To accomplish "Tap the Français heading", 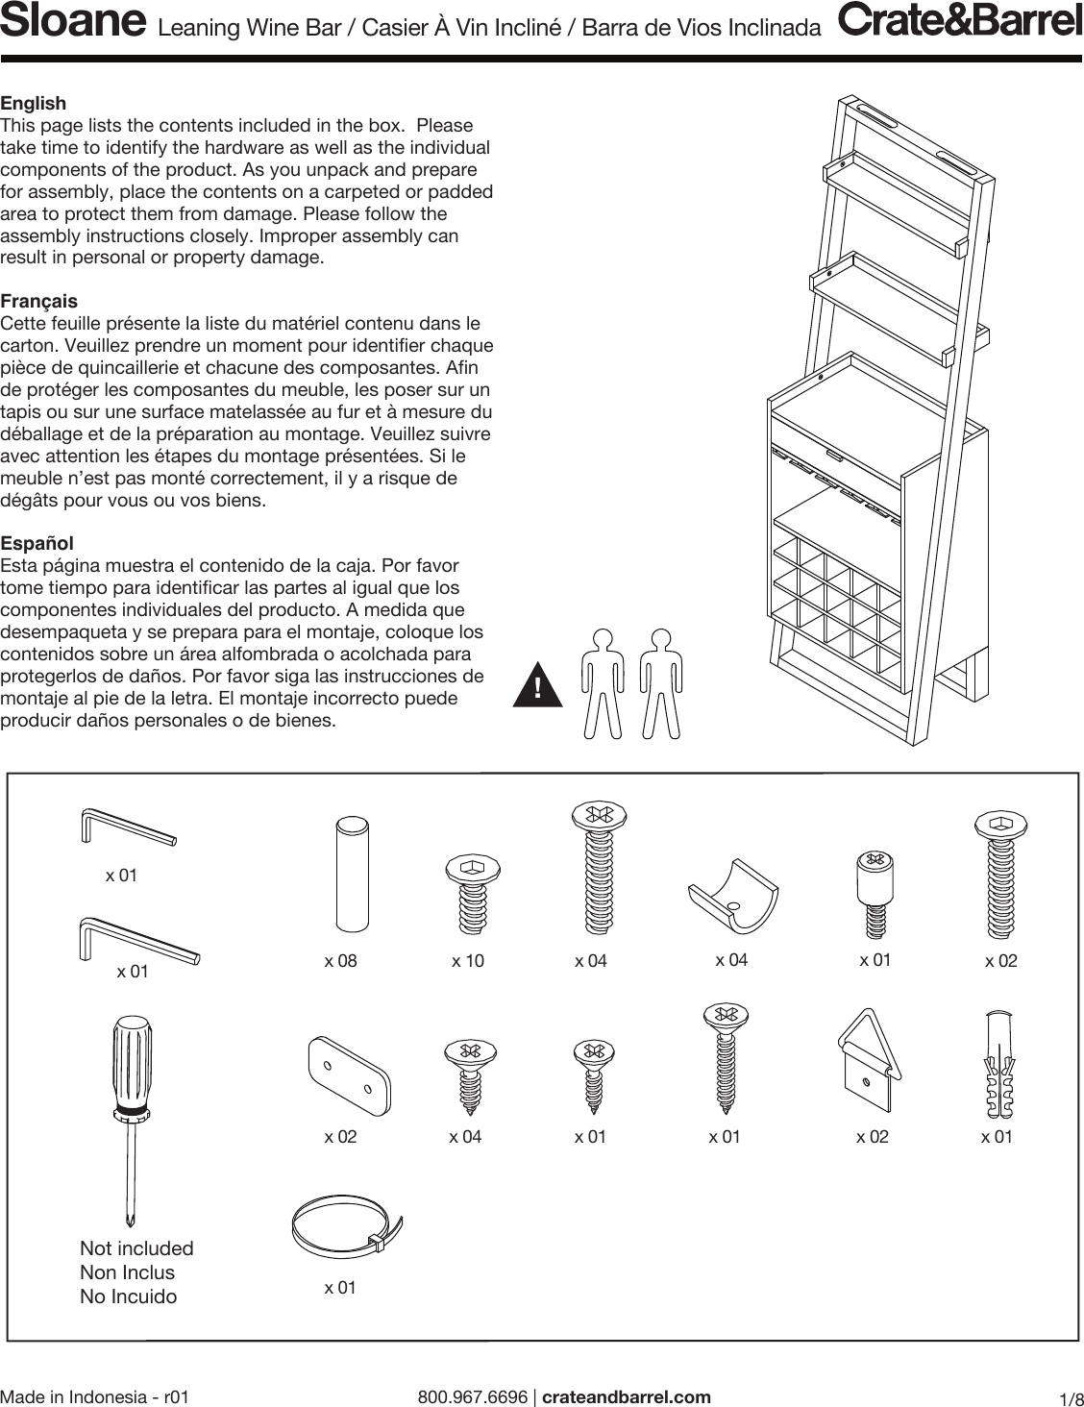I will tap(38, 301).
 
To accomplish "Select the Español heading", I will tap(37, 543).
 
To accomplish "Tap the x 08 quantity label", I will tap(340, 961).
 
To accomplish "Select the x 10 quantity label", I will tap(468, 961).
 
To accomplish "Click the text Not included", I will tap(136, 1248).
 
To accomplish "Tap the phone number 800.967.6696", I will tap(473, 1396).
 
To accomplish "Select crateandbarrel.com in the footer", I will tap(627, 1396).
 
